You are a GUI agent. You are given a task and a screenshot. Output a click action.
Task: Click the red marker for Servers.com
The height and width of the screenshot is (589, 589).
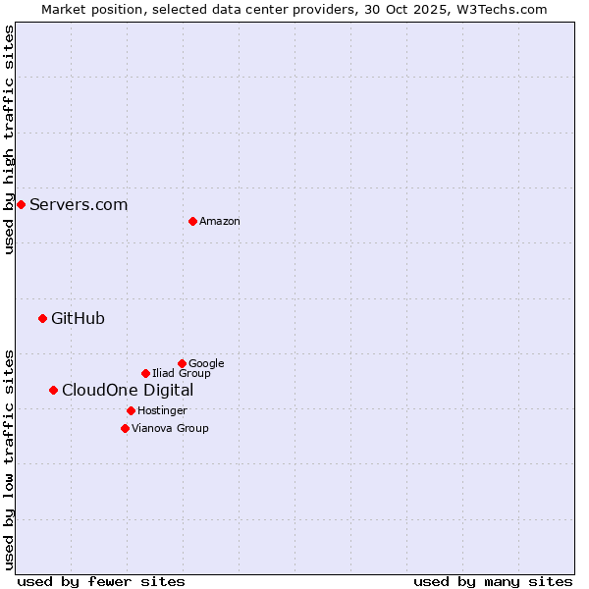click(x=21, y=204)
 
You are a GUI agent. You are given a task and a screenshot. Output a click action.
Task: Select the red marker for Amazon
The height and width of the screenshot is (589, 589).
click(x=192, y=221)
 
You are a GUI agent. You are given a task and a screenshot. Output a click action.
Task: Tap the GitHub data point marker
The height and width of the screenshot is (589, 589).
click(x=42, y=318)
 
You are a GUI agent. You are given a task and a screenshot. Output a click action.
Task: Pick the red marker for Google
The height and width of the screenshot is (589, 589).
click(x=182, y=363)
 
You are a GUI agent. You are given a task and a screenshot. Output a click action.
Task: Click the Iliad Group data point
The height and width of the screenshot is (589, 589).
click(x=145, y=373)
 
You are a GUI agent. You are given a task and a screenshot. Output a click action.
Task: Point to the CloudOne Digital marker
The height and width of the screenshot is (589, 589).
click(x=53, y=390)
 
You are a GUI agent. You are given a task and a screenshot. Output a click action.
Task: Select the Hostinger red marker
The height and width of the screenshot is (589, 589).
click(x=131, y=410)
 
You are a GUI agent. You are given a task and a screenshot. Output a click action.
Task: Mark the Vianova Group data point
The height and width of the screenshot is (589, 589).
click(x=125, y=428)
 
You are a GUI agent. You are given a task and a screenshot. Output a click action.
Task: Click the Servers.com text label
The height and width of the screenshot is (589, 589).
click(x=79, y=204)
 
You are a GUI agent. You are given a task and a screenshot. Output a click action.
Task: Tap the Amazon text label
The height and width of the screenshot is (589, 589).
click(x=220, y=222)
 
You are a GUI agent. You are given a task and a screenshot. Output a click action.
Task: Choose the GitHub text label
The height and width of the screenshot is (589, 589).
click(x=78, y=318)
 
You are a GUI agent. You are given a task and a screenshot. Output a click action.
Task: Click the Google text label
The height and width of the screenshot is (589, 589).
click(x=206, y=364)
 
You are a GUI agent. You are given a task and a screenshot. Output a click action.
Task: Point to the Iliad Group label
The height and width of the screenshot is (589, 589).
click(x=182, y=374)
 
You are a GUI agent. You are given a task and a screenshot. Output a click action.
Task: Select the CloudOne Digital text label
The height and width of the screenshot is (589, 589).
click(x=128, y=390)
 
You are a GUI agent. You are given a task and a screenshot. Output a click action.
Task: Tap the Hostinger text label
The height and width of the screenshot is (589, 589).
click(x=162, y=411)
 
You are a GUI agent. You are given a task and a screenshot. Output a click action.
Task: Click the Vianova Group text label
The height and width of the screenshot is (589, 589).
click(x=170, y=429)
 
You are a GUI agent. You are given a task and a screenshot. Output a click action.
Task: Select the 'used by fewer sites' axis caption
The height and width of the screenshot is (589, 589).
click(x=101, y=581)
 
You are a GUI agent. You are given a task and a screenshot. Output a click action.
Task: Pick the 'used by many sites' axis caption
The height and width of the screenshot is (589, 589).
click(x=493, y=581)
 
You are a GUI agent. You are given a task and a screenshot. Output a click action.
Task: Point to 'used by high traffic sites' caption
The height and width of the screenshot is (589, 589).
click(x=9, y=139)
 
